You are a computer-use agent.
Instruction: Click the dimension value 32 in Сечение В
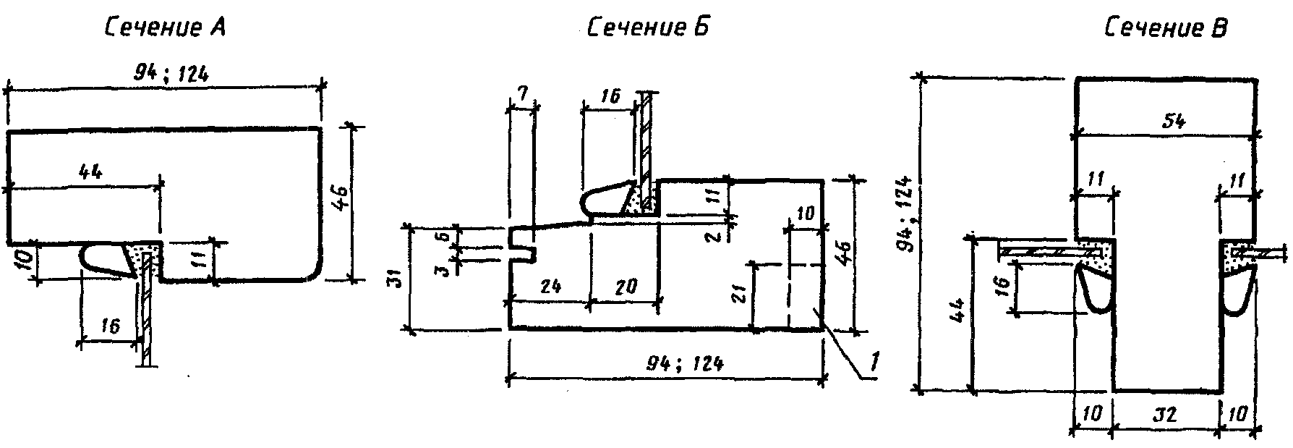(x=1166, y=415)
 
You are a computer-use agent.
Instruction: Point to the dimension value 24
(x=551, y=287)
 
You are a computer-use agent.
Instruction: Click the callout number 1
(x=874, y=360)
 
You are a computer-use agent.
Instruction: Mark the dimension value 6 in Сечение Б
(x=446, y=235)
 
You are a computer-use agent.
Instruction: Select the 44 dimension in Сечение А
(x=88, y=172)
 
